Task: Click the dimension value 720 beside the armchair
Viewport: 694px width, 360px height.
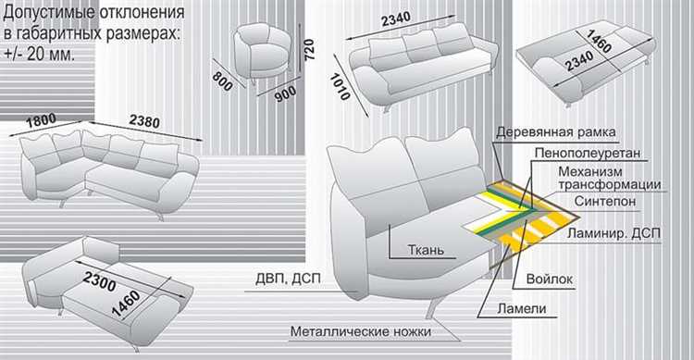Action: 309,50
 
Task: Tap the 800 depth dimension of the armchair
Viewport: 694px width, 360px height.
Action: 222,81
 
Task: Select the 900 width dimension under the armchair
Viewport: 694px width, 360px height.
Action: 285,93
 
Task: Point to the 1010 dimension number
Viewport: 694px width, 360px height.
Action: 341,86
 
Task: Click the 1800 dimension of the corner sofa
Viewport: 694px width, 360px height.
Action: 41,120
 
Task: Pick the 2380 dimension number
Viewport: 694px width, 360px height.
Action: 144,120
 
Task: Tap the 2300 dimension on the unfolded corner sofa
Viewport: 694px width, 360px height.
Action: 100,281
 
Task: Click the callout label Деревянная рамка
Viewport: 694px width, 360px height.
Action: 555,132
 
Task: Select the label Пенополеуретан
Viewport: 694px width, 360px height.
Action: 588,154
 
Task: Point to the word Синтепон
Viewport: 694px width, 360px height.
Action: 605,201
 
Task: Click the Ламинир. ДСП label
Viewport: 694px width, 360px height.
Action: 613,233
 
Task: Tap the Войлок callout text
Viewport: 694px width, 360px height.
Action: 550,279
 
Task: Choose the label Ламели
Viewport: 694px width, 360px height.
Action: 521,308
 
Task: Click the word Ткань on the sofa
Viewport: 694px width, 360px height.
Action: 426,250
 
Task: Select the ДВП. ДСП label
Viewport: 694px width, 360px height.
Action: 288,279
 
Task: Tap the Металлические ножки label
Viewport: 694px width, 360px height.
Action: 361,331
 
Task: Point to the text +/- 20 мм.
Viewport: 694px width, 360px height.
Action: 40,55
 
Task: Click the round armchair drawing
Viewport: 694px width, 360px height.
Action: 263,52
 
